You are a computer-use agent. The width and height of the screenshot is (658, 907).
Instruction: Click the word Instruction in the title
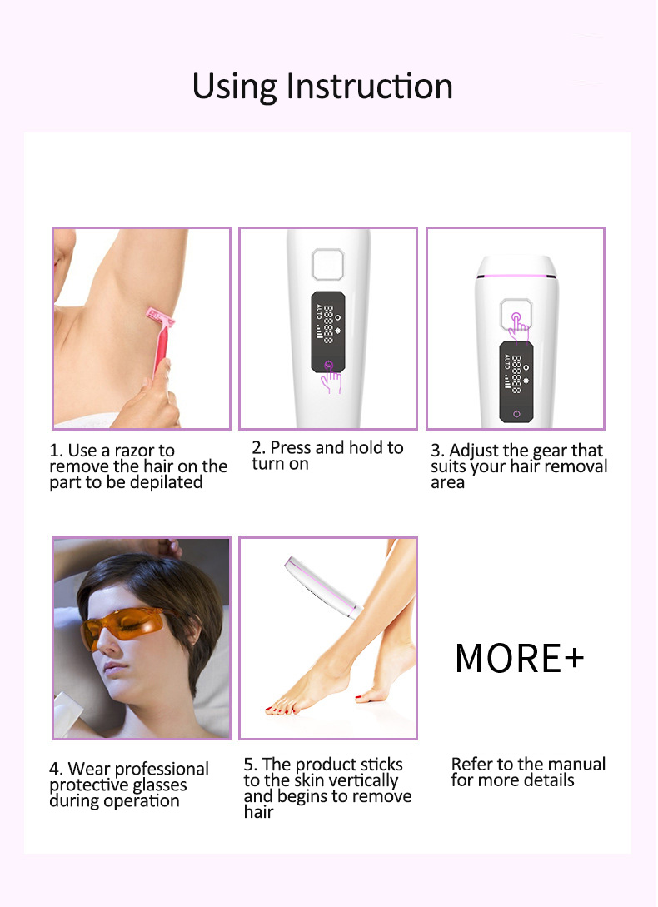click(x=369, y=86)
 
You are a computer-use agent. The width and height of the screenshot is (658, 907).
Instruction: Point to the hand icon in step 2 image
click(x=331, y=377)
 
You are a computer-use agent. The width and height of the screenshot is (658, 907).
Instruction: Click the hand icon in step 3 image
click(x=519, y=327)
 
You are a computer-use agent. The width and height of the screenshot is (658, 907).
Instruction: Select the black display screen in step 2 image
click(x=328, y=331)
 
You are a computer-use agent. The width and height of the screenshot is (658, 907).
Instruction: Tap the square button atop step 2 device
click(x=327, y=264)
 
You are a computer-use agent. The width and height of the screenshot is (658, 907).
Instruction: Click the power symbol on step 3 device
click(x=516, y=414)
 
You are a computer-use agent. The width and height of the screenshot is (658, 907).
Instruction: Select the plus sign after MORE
click(x=574, y=658)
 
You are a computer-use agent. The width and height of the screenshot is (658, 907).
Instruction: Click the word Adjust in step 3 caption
click(x=474, y=451)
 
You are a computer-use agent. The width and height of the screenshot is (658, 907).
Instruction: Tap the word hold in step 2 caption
click(x=367, y=447)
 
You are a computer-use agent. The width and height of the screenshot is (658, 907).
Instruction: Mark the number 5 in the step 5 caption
click(x=247, y=764)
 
